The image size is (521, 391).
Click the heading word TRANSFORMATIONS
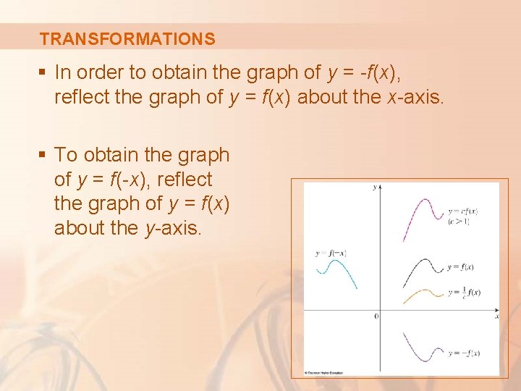127,39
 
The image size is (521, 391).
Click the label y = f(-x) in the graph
331,253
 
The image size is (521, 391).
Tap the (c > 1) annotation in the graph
459,221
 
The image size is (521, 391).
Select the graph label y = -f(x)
464,353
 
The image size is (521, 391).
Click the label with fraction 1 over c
464,292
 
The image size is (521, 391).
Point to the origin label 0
376,316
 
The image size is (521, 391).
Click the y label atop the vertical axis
374,187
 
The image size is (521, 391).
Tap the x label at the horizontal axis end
497,316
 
